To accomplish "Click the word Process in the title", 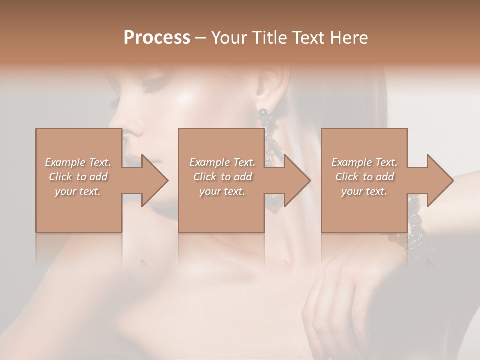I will (157, 38).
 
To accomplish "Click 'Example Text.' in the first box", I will (78, 162).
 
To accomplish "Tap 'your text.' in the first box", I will (78, 191).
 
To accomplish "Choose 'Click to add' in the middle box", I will (222, 177).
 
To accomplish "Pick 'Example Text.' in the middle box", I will (222, 162).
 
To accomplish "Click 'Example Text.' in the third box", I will (364, 162).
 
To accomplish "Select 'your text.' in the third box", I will (364, 191).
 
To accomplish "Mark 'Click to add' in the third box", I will (364, 177).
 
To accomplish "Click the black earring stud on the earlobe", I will (263, 113).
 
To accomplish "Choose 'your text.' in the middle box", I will (222, 191).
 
